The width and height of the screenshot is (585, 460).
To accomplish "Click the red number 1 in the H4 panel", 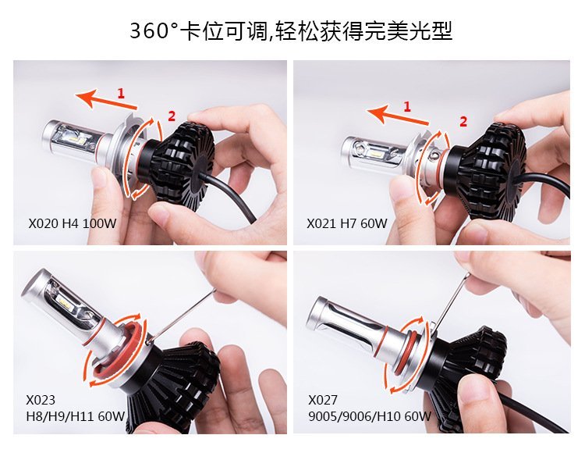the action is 120,93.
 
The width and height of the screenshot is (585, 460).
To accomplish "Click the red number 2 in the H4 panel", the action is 172,116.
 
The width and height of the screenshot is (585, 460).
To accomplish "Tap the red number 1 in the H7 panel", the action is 407,107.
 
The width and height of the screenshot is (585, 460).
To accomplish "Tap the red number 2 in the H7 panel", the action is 463,122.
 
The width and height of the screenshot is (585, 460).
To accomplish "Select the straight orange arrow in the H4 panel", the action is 106,99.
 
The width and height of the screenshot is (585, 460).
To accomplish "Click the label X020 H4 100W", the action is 73,223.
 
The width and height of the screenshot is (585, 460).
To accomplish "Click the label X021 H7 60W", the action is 347,223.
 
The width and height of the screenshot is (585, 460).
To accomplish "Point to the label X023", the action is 41,400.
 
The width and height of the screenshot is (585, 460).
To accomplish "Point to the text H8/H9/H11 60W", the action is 76,416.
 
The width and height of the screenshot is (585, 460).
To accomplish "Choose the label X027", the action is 323,400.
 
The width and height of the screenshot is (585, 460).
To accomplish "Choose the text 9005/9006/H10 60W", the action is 370,416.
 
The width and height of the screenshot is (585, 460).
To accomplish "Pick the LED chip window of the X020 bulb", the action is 79,140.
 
